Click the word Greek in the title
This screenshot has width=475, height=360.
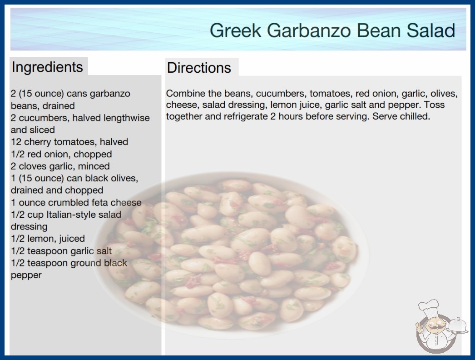235,30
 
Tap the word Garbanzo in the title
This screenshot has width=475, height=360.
309,30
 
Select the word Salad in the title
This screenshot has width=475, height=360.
430,30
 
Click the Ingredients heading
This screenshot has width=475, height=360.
47,67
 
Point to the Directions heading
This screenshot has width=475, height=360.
199,68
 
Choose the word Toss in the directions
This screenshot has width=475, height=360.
434,105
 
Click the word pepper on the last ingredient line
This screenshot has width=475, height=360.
26,275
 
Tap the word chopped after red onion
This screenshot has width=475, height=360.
93,155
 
